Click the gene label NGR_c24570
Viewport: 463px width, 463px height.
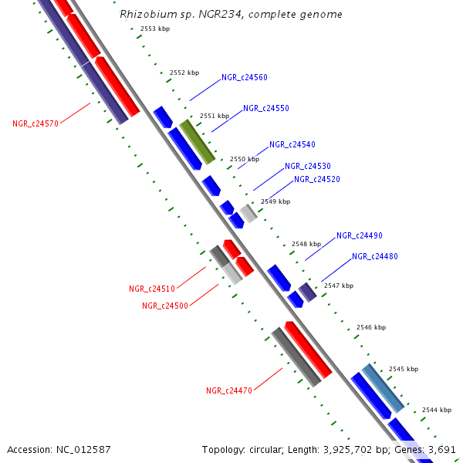35,123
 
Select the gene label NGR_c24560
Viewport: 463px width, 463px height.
245,78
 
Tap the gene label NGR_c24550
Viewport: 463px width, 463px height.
266,109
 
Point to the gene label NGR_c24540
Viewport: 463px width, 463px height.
292,145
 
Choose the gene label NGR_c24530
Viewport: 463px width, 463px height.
308,167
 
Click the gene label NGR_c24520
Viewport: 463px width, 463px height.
317,180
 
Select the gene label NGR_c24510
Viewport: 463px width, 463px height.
152,289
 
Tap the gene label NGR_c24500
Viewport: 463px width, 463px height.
165,306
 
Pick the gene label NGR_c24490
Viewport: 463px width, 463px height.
360,236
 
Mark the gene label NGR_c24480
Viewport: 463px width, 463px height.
375,257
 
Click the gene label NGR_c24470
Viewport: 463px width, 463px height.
229,391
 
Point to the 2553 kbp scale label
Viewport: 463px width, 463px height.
155,29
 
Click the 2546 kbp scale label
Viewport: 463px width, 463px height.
370,328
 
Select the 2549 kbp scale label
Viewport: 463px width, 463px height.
275,201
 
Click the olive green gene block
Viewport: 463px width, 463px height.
197,141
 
